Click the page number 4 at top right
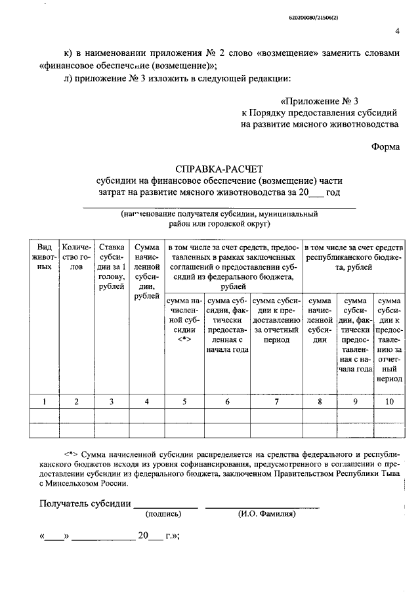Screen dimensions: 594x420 pyautogui.click(x=398, y=31)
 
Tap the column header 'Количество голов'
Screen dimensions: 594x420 pyautogui.click(x=77, y=257)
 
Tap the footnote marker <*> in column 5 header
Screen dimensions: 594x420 pyautogui.click(x=183, y=340)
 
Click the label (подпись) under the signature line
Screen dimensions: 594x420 pyautogui.click(x=165, y=515)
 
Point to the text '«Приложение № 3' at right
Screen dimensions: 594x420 pyautogui.click(x=319, y=101)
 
